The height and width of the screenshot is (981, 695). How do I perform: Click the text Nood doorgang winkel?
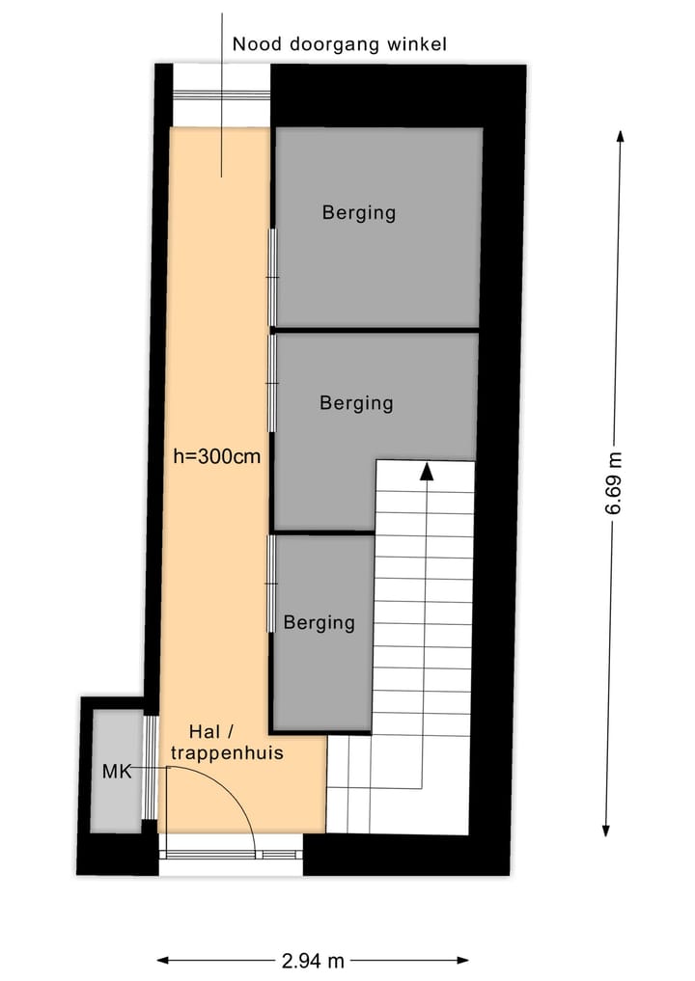coord(340,43)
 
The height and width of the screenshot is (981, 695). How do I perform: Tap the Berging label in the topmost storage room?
coord(359,212)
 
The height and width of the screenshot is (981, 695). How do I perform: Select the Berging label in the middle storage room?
coord(356,402)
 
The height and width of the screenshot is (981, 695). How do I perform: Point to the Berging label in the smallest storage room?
coord(319,622)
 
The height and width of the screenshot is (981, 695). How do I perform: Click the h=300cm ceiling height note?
coord(217,457)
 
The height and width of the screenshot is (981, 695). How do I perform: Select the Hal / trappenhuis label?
coord(227,743)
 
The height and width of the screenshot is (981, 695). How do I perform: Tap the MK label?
coord(115,772)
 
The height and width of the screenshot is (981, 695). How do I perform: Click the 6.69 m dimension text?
coord(614,484)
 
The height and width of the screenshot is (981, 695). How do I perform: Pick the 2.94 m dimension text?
coord(313,960)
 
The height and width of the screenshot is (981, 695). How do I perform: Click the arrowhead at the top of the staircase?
coord(425,470)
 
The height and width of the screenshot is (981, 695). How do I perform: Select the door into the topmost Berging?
coord(273,278)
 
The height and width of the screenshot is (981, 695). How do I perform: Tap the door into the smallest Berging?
coord(272,585)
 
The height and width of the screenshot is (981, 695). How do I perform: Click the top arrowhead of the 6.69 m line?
coord(620,136)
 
